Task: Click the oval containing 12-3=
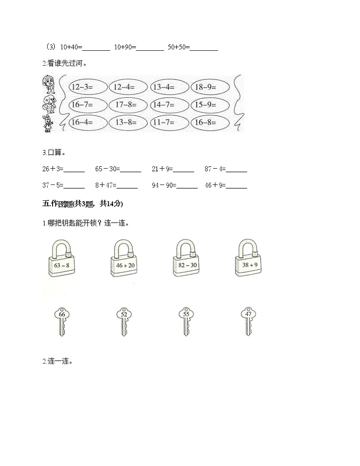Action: pos(88,87)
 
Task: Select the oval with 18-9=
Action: pos(209,87)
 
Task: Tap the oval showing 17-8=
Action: pos(128,105)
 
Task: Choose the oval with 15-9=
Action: pos(209,105)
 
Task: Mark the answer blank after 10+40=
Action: pos(96,48)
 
